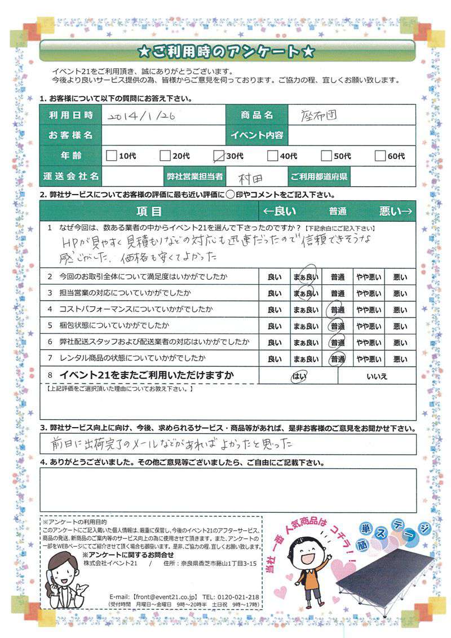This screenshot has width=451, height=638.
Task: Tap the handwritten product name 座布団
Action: [x=317, y=115]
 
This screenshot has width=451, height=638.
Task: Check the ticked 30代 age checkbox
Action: [x=220, y=155]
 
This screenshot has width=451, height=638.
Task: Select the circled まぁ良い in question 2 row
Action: [x=306, y=277]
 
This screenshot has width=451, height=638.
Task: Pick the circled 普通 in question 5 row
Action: [x=338, y=326]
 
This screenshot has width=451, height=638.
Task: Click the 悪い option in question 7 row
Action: [x=400, y=359]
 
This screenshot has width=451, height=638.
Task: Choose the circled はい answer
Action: [x=298, y=376]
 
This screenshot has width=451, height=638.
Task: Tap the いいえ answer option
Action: [x=377, y=376]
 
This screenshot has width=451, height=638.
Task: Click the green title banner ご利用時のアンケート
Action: [x=226, y=51]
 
